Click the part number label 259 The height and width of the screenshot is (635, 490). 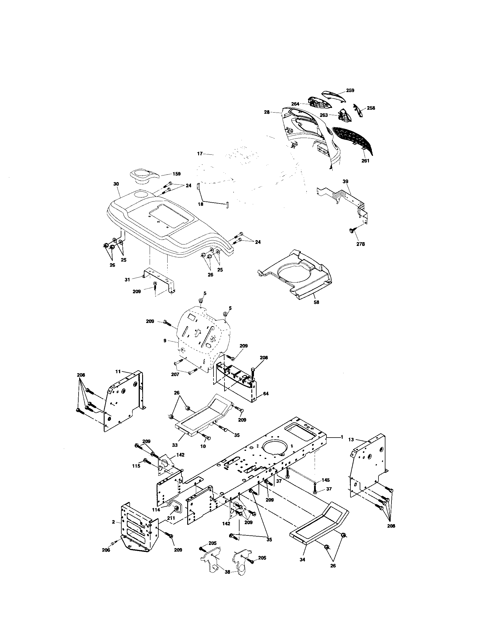350,90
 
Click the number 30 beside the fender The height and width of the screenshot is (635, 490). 116,184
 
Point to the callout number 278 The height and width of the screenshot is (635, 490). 360,244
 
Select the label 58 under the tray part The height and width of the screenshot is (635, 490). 316,302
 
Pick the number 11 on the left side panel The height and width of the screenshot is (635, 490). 118,371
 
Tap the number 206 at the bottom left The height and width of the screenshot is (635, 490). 106,550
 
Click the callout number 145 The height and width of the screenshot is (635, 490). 326,480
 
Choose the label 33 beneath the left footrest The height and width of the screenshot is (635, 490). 175,445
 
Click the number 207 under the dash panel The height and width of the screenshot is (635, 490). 175,374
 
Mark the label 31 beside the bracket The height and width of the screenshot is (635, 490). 127,279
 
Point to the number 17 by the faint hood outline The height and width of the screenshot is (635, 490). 200,154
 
